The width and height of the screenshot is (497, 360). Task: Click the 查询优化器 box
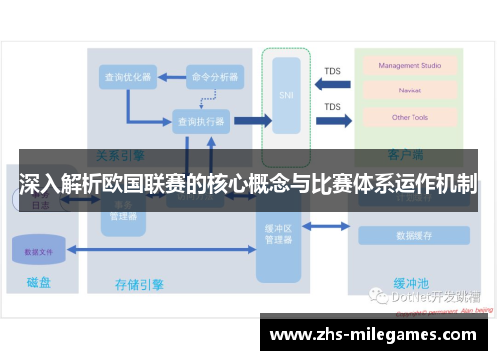pyautogui.click(x=128, y=77)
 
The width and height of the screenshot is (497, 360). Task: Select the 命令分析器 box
pyautogui.click(x=215, y=77)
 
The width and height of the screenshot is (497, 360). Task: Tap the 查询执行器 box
pyautogui.click(x=200, y=121)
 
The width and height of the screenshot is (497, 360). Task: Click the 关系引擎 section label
pyautogui.click(x=120, y=155)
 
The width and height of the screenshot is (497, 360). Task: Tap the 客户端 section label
pyautogui.click(x=407, y=155)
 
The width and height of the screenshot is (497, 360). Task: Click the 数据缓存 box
pyautogui.click(x=412, y=236)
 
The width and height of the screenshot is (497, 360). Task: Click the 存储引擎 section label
pyautogui.click(x=140, y=285)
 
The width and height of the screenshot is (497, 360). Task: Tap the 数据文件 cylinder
pyautogui.click(x=40, y=251)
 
